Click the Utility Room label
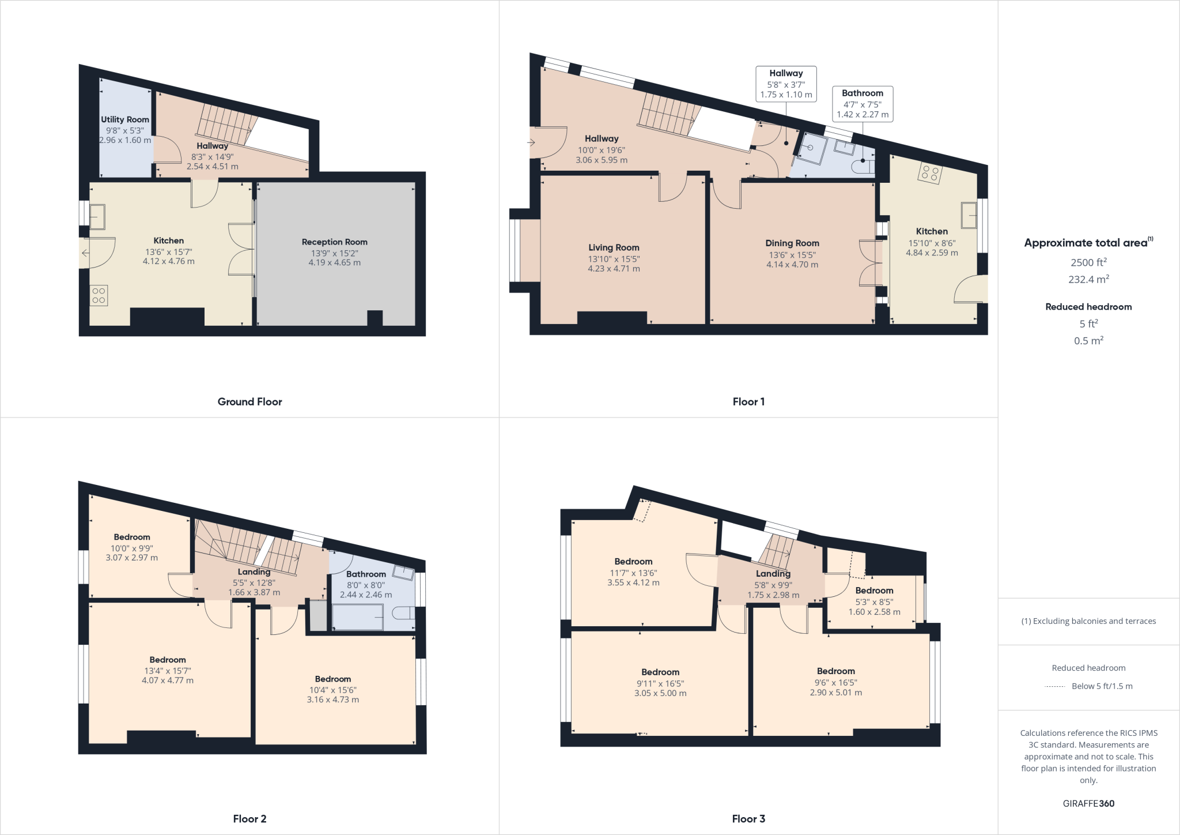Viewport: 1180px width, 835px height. [x=125, y=120]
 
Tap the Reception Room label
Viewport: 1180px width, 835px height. [x=334, y=242]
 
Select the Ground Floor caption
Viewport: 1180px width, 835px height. [x=249, y=402]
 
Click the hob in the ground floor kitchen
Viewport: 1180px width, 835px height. [x=99, y=296]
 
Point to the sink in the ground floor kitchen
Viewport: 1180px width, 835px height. [x=97, y=217]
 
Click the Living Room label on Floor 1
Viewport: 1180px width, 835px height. [x=614, y=248]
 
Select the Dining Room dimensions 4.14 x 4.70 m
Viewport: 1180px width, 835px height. [x=792, y=265]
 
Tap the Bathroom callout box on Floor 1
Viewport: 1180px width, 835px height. [x=863, y=104]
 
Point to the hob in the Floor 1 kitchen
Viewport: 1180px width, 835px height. [x=929, y=173]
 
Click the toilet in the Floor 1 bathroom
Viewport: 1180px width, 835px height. [x=865, y=167]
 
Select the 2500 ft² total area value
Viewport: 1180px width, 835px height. [x=1088, y=262]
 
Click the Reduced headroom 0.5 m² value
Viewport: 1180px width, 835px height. [x=1088, y=341]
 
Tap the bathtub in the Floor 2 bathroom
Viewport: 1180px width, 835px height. [x=358, y=617]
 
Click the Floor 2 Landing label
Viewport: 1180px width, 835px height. [x=254, y=572]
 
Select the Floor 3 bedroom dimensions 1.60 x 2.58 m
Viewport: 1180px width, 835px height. [x=874, y=612]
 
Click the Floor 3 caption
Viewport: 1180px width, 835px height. [x=748, y=819]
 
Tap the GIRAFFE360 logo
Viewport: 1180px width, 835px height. [x=1088, y=803]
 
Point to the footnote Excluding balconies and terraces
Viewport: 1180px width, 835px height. [x=1088, y=621]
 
